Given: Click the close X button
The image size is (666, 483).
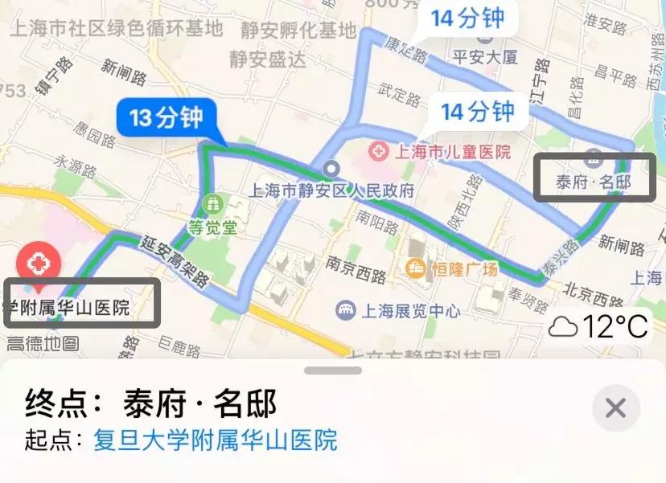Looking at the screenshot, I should [615, 408].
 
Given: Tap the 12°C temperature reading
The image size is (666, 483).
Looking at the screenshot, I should [599, 327].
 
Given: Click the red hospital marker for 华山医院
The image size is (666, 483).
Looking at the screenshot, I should [35, 263].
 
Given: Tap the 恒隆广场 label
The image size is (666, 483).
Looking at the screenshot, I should [462, 268].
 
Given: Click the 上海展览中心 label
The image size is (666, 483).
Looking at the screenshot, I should [410, 309].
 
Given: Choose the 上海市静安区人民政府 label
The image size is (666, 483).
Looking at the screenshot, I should [332, 191].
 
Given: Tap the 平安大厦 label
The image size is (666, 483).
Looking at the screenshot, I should [485, 57].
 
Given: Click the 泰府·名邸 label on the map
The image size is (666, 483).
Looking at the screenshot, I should [593, 182].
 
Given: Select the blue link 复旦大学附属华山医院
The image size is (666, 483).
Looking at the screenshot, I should [215, 440].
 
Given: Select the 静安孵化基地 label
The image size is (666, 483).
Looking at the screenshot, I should [298, 31].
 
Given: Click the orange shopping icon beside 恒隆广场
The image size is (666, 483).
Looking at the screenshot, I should [417, 268].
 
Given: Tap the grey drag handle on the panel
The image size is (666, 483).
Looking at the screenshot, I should [333, 370].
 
